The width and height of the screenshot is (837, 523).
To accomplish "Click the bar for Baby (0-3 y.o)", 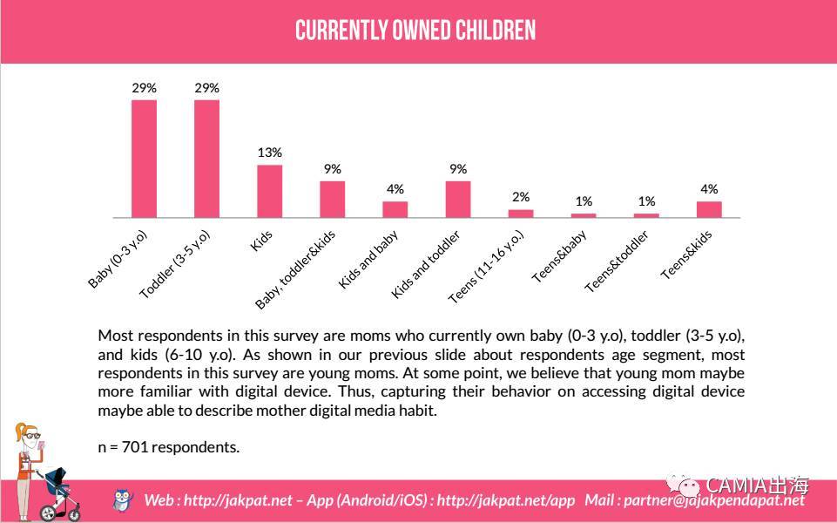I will tap(144, 159).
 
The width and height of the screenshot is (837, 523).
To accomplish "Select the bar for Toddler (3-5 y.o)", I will tap(206, 159).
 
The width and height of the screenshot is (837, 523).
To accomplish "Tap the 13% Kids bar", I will tap(269, 191).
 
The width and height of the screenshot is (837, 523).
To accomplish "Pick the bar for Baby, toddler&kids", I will tap(332, 199).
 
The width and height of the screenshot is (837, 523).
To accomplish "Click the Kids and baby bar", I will tap(395, 209).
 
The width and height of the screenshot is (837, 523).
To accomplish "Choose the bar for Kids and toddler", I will tap(457, 199).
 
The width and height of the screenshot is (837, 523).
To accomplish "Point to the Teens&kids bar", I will tap(709, 209).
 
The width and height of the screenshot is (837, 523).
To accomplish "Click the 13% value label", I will tap(269, 153).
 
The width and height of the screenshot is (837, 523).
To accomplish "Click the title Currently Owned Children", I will tap(415, 31).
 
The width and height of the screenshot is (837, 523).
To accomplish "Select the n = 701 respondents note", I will tap(168, 447).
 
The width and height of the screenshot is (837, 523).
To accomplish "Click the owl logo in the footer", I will tap(124, 499).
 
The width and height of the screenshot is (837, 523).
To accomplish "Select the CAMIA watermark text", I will tap(757, 485).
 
